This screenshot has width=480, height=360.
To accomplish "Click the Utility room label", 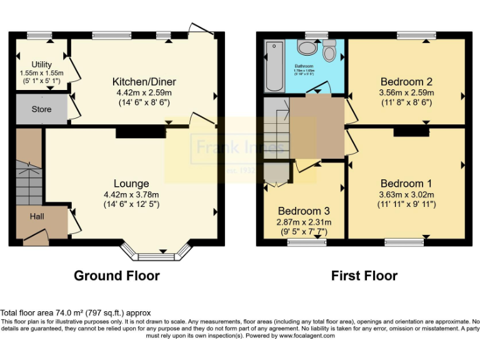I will pos(41,64).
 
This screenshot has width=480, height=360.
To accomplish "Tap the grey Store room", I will pos(41,109).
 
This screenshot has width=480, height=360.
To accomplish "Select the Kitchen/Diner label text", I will pos(144,82).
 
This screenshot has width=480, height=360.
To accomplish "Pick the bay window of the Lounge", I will pos(156,253).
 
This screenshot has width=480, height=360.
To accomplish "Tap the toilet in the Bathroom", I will pos(330,50).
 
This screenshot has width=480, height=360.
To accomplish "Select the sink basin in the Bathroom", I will pos(307,48).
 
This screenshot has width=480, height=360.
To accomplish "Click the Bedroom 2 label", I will pos(406,82).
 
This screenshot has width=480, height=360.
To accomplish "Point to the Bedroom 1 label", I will pos(406,184).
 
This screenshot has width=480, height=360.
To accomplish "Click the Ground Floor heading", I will pos(117,276).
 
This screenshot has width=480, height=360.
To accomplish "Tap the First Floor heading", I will pos(364,276).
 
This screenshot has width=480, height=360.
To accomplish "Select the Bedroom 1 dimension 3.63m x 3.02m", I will pos(406,194).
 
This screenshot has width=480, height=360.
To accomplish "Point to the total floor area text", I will pos(76,312).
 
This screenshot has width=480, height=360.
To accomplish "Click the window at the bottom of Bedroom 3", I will pos(304,242).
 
